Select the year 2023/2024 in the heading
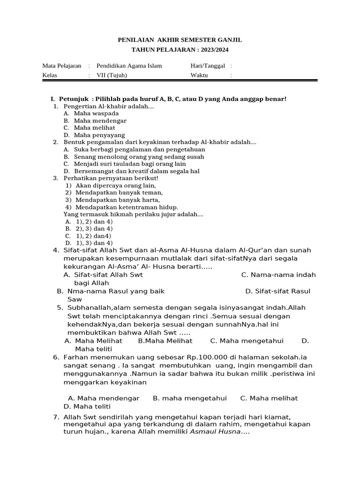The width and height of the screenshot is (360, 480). tap(213, 50)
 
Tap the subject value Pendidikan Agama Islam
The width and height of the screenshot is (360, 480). tap(129, 66)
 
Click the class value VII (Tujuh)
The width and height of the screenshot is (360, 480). tap(111, 75)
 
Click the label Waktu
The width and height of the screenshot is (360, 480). tap(199, 75)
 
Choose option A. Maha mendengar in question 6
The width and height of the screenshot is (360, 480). tap(104, 398)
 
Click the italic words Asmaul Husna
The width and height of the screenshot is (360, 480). tap(215, 432)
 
